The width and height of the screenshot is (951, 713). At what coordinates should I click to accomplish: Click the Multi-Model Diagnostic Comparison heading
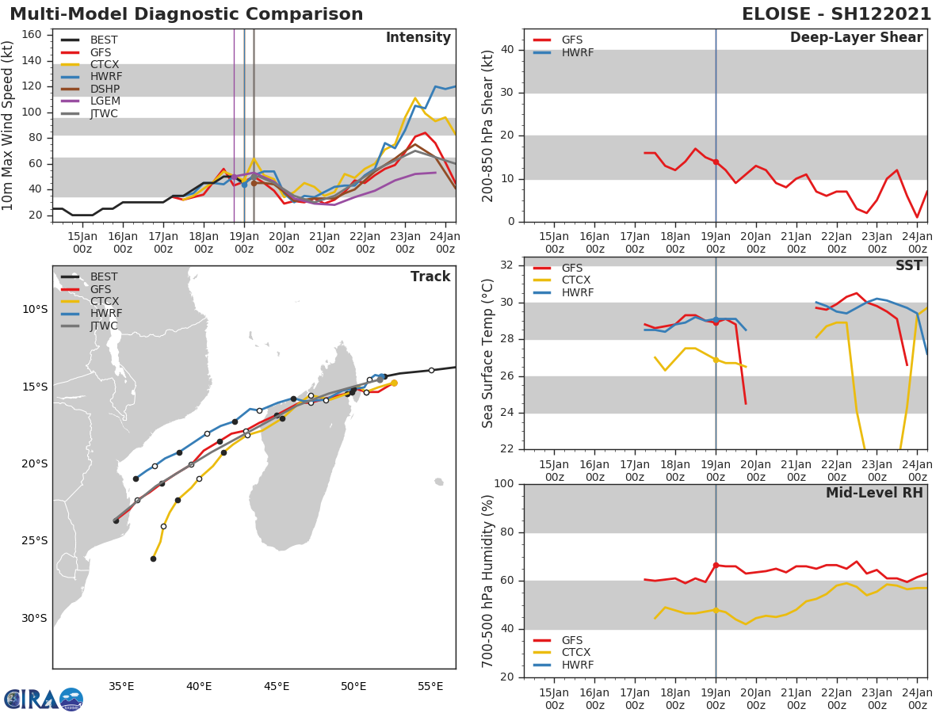coord(186,14)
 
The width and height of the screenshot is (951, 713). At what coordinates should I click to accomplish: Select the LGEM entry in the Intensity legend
coord(103,101)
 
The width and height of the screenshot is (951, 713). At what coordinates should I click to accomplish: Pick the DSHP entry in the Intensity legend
coord(104,89)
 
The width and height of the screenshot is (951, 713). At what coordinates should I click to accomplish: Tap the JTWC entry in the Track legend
coord(104,326)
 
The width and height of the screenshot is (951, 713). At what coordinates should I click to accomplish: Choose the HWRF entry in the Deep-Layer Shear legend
coord(577,52)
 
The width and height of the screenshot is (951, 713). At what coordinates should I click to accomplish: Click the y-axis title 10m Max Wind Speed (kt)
coord(9,125)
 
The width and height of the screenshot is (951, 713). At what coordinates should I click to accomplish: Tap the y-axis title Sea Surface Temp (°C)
coord(488,353)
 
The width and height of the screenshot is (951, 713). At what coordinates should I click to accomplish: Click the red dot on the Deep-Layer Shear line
coord(716,162)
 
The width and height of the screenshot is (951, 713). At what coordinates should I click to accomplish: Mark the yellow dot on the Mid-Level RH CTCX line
coord(716,610)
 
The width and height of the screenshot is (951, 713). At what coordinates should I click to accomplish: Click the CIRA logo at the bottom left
coord(43,700)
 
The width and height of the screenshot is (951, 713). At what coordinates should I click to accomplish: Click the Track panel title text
coord(430,276)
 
